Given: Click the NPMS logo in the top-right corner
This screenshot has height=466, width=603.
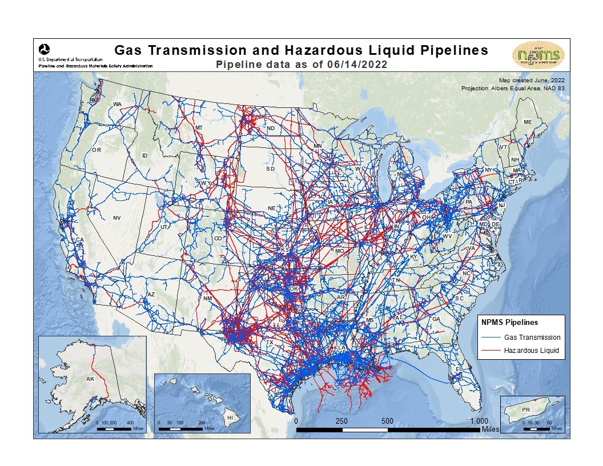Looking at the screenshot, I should [x=538, y=55].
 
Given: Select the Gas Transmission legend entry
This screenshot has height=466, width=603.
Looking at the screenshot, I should [x=532, y=338].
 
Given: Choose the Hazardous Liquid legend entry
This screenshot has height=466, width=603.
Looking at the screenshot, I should [x=531, y=350].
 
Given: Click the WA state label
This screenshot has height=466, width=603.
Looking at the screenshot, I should [x=118, y=104].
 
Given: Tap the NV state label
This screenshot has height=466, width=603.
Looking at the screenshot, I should [x=116, y=218].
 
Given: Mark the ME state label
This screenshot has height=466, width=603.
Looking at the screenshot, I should [x=528, y=122].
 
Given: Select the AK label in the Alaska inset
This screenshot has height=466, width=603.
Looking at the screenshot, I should [x=90, y=379].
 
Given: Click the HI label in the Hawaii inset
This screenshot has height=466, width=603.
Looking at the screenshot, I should [x=230, y=418].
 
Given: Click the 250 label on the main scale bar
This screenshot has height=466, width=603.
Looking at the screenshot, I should [x=341, y=421].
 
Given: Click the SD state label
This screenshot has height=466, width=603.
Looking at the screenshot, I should [x=270, y=169].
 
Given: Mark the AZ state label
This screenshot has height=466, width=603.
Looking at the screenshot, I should [x=151, y=294].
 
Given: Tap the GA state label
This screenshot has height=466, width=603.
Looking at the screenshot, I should [x=437, y=319].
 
